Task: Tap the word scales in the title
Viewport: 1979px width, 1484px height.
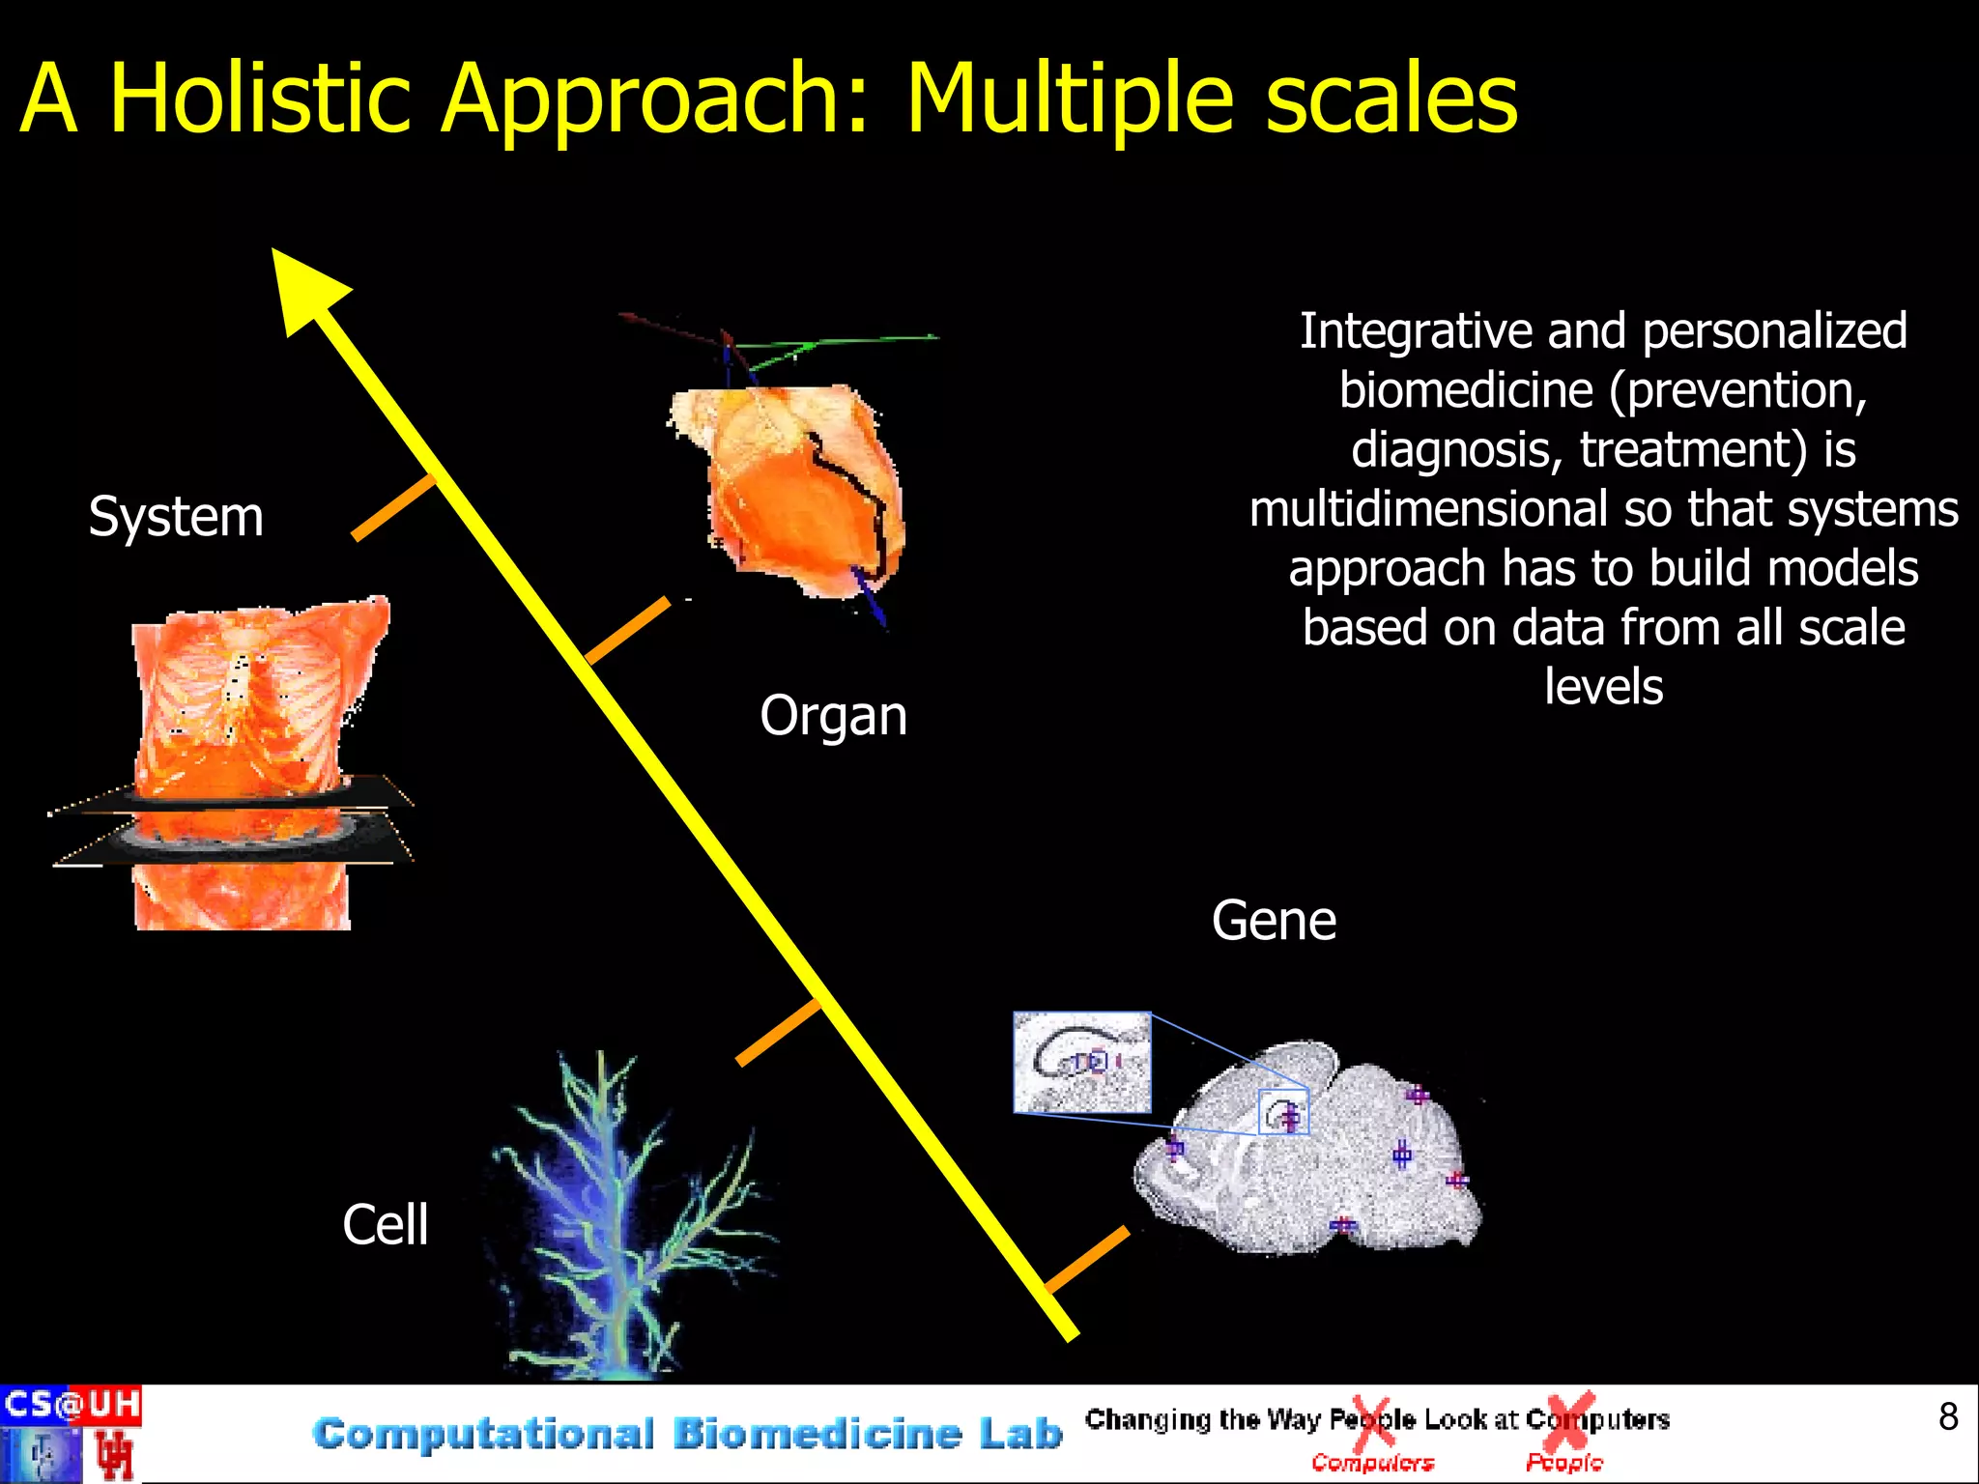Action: pyautogui.click(x=1391, y=99)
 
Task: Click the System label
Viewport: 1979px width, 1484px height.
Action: pyautogui.click(x=176, y=516)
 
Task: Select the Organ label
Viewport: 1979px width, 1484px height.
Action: pyautogui.click(x=833, y=716)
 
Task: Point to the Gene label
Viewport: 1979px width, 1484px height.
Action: pyautogui.click(x=1274, y=921)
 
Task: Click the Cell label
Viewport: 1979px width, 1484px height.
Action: pyautogui.click(x=385, y=1225)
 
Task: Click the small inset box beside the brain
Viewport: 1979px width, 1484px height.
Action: pyautogui.click(x=1081, y=1062)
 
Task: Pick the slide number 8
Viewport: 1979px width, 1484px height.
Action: pyautogui.click(x=1947, y=1416)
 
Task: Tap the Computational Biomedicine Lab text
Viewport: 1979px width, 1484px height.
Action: pyautogui.click(x=687, y=1434)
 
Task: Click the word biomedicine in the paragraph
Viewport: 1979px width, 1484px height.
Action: pyautogui.click(x=1465, y=390)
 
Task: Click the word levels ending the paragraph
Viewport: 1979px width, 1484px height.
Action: pyautogui.click(x=1603, y=687)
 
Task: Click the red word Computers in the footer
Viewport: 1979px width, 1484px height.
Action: pyautogui.click(x=1372, y=1463)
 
